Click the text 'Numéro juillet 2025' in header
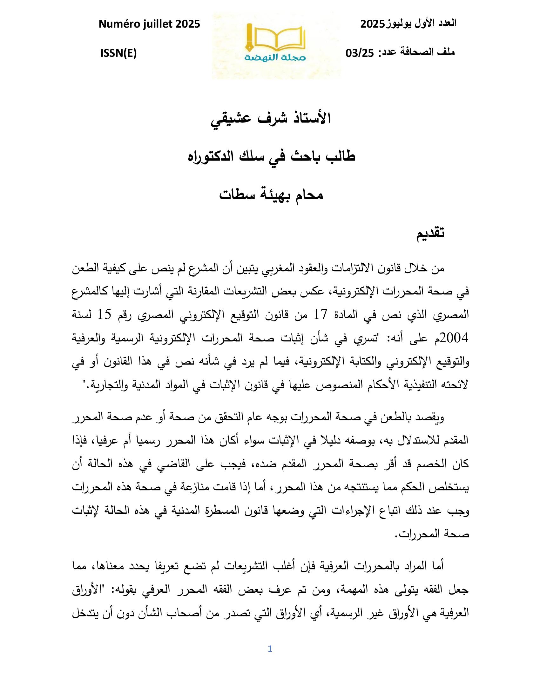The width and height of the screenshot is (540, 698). (149, 24)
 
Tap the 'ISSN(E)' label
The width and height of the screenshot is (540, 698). (118, 54)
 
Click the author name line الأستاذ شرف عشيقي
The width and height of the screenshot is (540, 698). (270, 118)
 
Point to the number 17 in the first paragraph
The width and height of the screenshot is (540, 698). (320, 315)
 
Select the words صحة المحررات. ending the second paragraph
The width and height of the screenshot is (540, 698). (432, 534)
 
